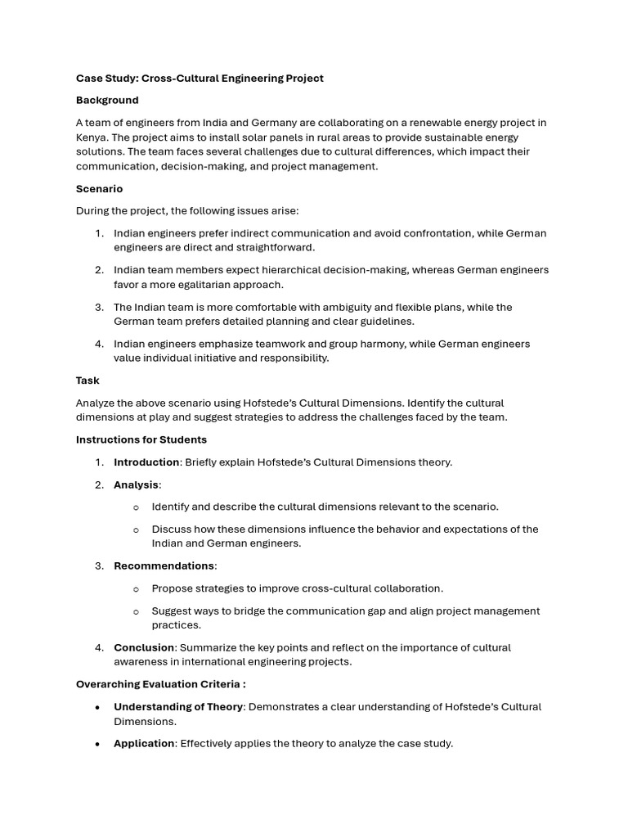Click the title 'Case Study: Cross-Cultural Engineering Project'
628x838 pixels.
tap(200, 79)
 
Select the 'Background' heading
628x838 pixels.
tap(107, 100)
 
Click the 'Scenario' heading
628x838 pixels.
tap(99, 189)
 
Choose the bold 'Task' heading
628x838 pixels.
tap(87, 381)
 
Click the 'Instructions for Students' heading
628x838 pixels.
tap(141, 439)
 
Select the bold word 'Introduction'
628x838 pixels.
tap(146, 462)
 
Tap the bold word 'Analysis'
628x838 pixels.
tap(136, 484)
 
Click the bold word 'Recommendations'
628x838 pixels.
tap(164, 565)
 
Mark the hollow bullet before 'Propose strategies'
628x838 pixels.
tap(136, 589)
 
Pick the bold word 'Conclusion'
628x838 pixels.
tap(144, 647)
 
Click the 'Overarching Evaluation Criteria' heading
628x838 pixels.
tap(159, 684)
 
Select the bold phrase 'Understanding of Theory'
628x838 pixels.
tap(178, 707)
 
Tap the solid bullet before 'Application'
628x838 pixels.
tap(98, 744)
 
